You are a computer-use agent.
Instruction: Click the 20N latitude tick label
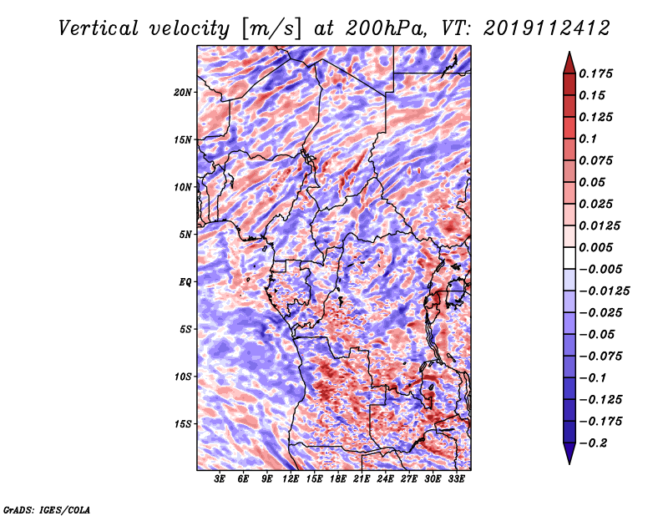tap(182, 93)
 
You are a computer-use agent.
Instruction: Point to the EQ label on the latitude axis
tap(185, 282)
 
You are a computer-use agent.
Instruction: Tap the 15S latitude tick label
tap(182, 424)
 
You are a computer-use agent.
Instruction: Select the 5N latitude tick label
tap(185, 235)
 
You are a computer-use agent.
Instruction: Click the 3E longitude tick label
tap(220, 479)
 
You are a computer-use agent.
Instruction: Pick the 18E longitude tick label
tap(338, 479)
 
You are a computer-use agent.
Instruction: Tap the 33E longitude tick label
tap(456, 479)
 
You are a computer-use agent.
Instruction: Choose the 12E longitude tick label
tap(291, 479)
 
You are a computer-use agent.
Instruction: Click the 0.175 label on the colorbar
tap(595, 73)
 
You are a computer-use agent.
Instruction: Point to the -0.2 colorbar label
tap(593, 443)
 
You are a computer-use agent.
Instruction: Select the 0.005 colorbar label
tap(595, 247)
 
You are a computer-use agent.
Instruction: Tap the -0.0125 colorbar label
tap(604, 291)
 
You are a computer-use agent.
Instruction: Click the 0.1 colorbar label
tap(588, 139)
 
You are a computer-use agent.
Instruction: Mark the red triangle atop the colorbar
tap(569, 63)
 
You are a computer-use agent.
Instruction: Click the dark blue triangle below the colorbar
tap(569, 453)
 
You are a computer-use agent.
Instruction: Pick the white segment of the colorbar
tap(569, 258)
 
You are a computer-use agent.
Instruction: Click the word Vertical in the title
tap(98, 28)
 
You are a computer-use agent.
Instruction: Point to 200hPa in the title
tap(386, 28)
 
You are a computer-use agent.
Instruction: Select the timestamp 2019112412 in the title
tap(547, 28)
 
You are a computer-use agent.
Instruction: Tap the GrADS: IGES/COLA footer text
tap(47, 510)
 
